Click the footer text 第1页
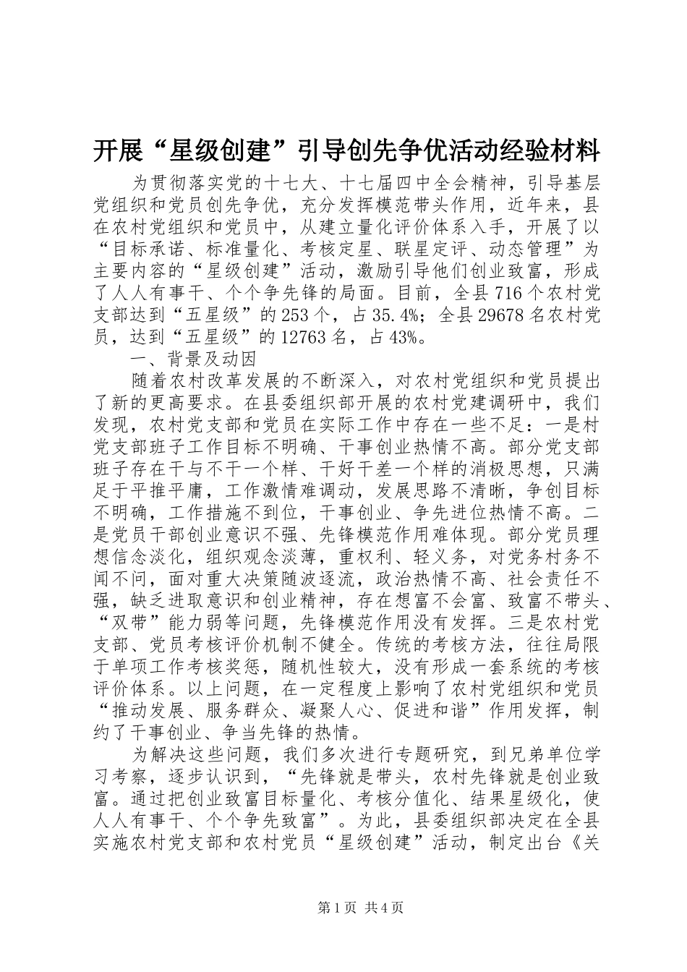336,908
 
